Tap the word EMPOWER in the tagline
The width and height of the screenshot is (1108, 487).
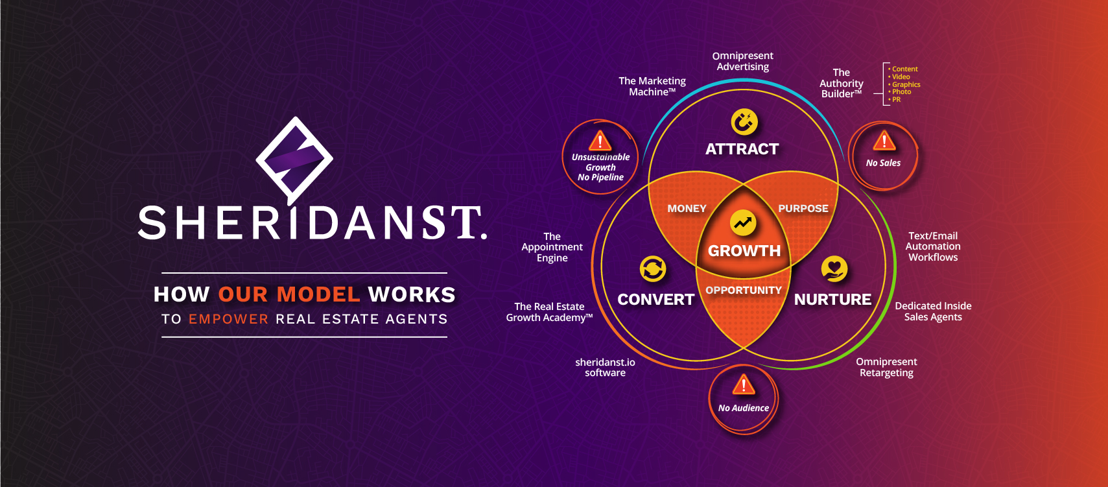click(x=228, y=319)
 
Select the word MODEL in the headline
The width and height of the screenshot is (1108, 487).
click(x=318, y=294)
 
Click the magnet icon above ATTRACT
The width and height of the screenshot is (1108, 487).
click(x=744, y=122)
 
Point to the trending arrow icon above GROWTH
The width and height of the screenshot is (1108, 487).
click(x=743, y=222)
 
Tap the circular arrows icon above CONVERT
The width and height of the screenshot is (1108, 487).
click(x=653, y=269)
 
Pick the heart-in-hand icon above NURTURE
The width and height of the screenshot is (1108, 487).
click(x=834, y=268)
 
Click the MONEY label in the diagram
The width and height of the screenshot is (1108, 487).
click(x=687, y=209)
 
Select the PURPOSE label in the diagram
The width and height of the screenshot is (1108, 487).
click(x=803, y=209)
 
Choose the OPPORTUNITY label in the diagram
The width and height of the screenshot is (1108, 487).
click(x=744, y=291)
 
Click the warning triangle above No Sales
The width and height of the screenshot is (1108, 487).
click(x=884, y=141)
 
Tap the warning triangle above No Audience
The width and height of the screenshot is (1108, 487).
click(x=744, y=385)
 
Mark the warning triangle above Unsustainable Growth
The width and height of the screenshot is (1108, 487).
click(x=600, y=141)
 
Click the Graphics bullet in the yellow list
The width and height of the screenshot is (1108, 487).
click(x=904, y=85)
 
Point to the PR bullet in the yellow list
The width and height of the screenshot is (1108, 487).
click(x=895, y=99)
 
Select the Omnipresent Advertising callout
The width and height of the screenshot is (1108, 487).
click(x=742, y=62)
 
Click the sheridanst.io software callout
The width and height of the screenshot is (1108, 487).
click(x=605, y=368)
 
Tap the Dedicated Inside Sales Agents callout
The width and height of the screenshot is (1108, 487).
click(x=933, y=312)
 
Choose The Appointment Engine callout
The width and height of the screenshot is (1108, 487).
click(x=552, y=247)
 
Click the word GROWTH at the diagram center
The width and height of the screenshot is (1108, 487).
click(x=744, y=251)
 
